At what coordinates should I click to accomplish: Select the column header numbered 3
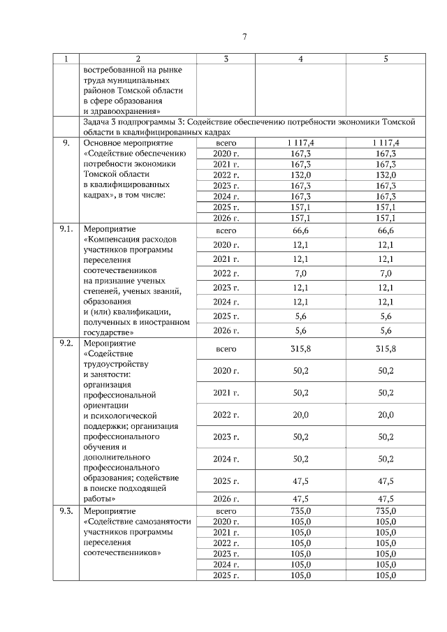[226, 59]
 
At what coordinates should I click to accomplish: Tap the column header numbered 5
[386, 59]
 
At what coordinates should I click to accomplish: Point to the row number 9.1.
[67, 228]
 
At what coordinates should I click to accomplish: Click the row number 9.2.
[67, 344]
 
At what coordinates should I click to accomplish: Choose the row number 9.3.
[67, 512]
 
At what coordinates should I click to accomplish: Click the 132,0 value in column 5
[386, 175]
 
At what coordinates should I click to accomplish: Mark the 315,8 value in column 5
[386, 349]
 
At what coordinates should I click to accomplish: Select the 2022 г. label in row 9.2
[226, 415]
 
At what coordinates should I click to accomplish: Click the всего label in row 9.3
[226, 512]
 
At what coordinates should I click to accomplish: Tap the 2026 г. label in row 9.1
[226, 330]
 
